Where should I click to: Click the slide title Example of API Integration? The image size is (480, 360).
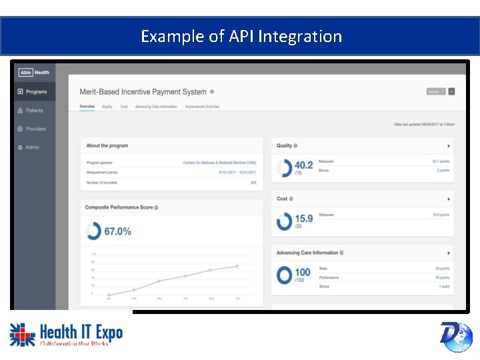(241, 36)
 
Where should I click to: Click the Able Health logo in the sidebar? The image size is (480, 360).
(34, 73)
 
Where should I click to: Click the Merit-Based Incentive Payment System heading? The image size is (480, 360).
(143, 92)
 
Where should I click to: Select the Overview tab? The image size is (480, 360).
(87, 107)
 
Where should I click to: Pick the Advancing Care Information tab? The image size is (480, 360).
(156, 107)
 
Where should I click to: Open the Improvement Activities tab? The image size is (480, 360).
(202, 107)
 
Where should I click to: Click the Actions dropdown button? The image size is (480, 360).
(436, 91)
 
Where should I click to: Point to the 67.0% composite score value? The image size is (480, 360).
(117, 231)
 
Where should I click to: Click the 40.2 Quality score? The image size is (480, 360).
(303, 165)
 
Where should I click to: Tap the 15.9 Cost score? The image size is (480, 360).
(303, 219)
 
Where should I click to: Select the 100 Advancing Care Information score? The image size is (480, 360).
(302, 272)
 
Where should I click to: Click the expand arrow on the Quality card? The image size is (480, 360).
(448, 145)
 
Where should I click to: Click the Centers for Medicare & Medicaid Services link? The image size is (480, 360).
(219, 163)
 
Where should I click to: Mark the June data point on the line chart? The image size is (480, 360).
(236, 267)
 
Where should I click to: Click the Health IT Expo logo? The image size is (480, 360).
(67, 335)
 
